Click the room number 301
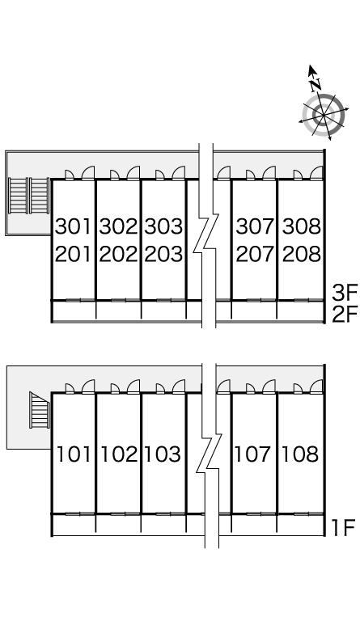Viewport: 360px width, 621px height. (x=74, y=227)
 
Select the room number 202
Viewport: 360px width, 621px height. (x=118, y=254)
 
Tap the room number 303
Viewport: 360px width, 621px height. (x=164, y=227)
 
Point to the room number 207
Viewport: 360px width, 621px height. (x=255, y=254)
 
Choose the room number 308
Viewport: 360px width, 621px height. (x=302, y=227)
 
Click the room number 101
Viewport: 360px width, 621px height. (x=74, y=454)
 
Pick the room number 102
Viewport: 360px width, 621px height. (x=119, y=454)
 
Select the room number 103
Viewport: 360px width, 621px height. (x=163, y=454)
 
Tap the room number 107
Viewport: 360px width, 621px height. (x=253, y=454)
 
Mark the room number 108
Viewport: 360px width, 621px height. (x=300, y=454)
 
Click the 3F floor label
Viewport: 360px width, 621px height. (x=345, y=294)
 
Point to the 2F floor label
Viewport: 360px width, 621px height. (x=345, y=315)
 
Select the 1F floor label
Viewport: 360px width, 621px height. (x=343, y=528)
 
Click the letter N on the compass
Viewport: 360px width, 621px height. (x=316, y=84)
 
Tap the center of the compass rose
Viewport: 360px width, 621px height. (x=324, y=116)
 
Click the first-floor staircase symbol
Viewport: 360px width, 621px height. (x=40, y=410)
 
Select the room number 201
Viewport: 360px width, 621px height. (x=74, y=254)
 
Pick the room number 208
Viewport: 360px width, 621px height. (x=302, y=254)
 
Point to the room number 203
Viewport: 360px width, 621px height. (x=164, y=254)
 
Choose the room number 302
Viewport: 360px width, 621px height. (x=118, y=227)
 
